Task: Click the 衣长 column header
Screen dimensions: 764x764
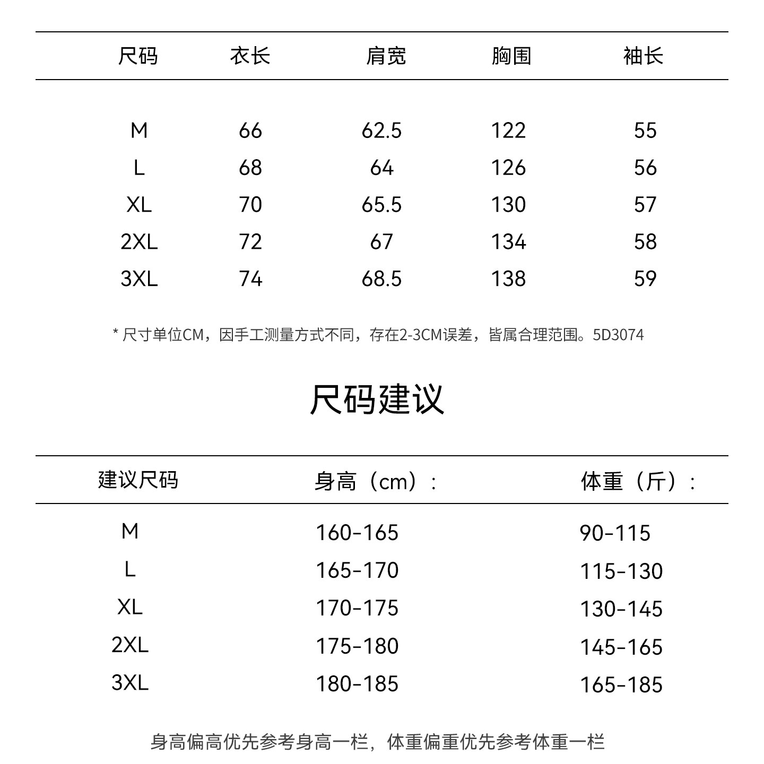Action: (x=250, y=56)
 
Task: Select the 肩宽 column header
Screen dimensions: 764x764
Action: (x=386, y=56)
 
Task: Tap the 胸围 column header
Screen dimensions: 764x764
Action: (x=511, y=56)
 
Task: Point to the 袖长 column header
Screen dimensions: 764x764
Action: (x=643, y=56)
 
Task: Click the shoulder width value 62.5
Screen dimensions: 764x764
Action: (x=381, y=131)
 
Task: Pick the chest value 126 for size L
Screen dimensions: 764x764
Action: (x=508, y=168)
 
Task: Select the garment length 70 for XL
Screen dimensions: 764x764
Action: (x=250, y=205)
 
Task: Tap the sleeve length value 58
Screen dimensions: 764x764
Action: (x=645, y=242)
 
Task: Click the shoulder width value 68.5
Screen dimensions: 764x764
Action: (x=381, y=279)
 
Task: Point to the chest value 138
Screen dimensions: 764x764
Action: (x=508, y=279)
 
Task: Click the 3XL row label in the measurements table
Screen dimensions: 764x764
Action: (x=139, y=279)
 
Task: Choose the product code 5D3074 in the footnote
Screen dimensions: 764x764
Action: (x=618, y=335)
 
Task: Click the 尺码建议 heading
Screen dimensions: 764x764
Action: (x=377, y=399)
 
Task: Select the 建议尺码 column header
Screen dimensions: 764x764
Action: (x=138, y=480)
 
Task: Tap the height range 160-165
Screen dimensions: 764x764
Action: (x=357, y=533)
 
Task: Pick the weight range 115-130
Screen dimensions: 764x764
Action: (x=621, y=571)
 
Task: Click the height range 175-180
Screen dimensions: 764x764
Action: (x=357, y=646)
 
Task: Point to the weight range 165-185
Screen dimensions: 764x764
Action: (x=621, y=685)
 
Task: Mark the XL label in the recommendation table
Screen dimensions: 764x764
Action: (x=130, y=607)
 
